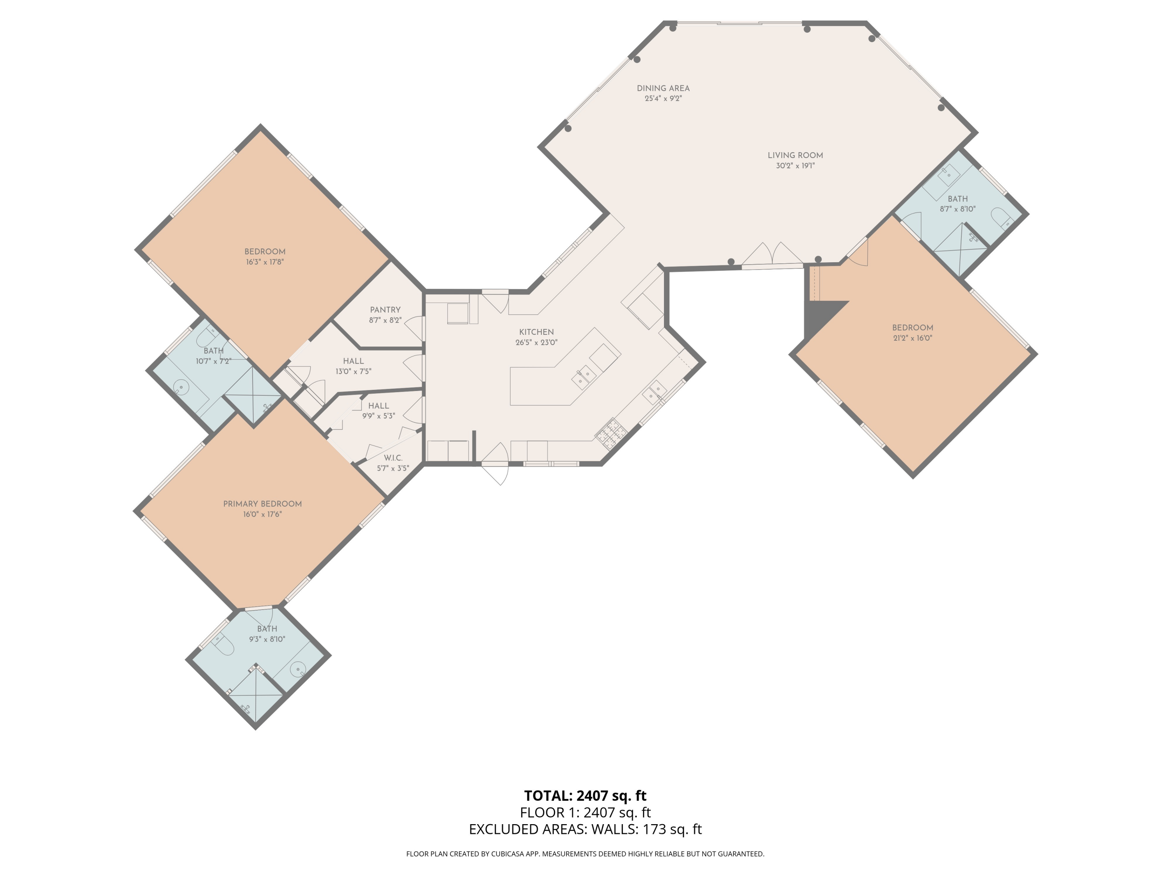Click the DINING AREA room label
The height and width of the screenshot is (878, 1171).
[x=663, y=88]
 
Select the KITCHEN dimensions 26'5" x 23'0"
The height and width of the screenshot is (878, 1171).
[x=536, y=342]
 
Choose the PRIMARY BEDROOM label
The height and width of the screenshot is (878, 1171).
[x=263, y=504]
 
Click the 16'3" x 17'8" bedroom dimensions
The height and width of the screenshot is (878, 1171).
[x=265, y=262]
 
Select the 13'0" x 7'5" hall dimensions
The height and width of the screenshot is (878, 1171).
[x=353, y=371]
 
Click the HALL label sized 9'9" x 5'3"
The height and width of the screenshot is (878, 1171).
[x=379, y=406]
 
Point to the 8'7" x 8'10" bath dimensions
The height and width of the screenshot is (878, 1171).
[x=957, y=209]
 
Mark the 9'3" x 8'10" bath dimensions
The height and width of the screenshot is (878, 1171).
[x=267, y=639]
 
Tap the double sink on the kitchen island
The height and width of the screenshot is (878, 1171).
[x=584, y=377]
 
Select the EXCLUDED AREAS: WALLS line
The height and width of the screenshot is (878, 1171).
[x=585, y=829]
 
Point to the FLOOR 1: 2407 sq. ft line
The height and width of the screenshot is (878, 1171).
[x=585, y=812]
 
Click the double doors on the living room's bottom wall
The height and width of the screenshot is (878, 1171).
[x=773, y=254]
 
